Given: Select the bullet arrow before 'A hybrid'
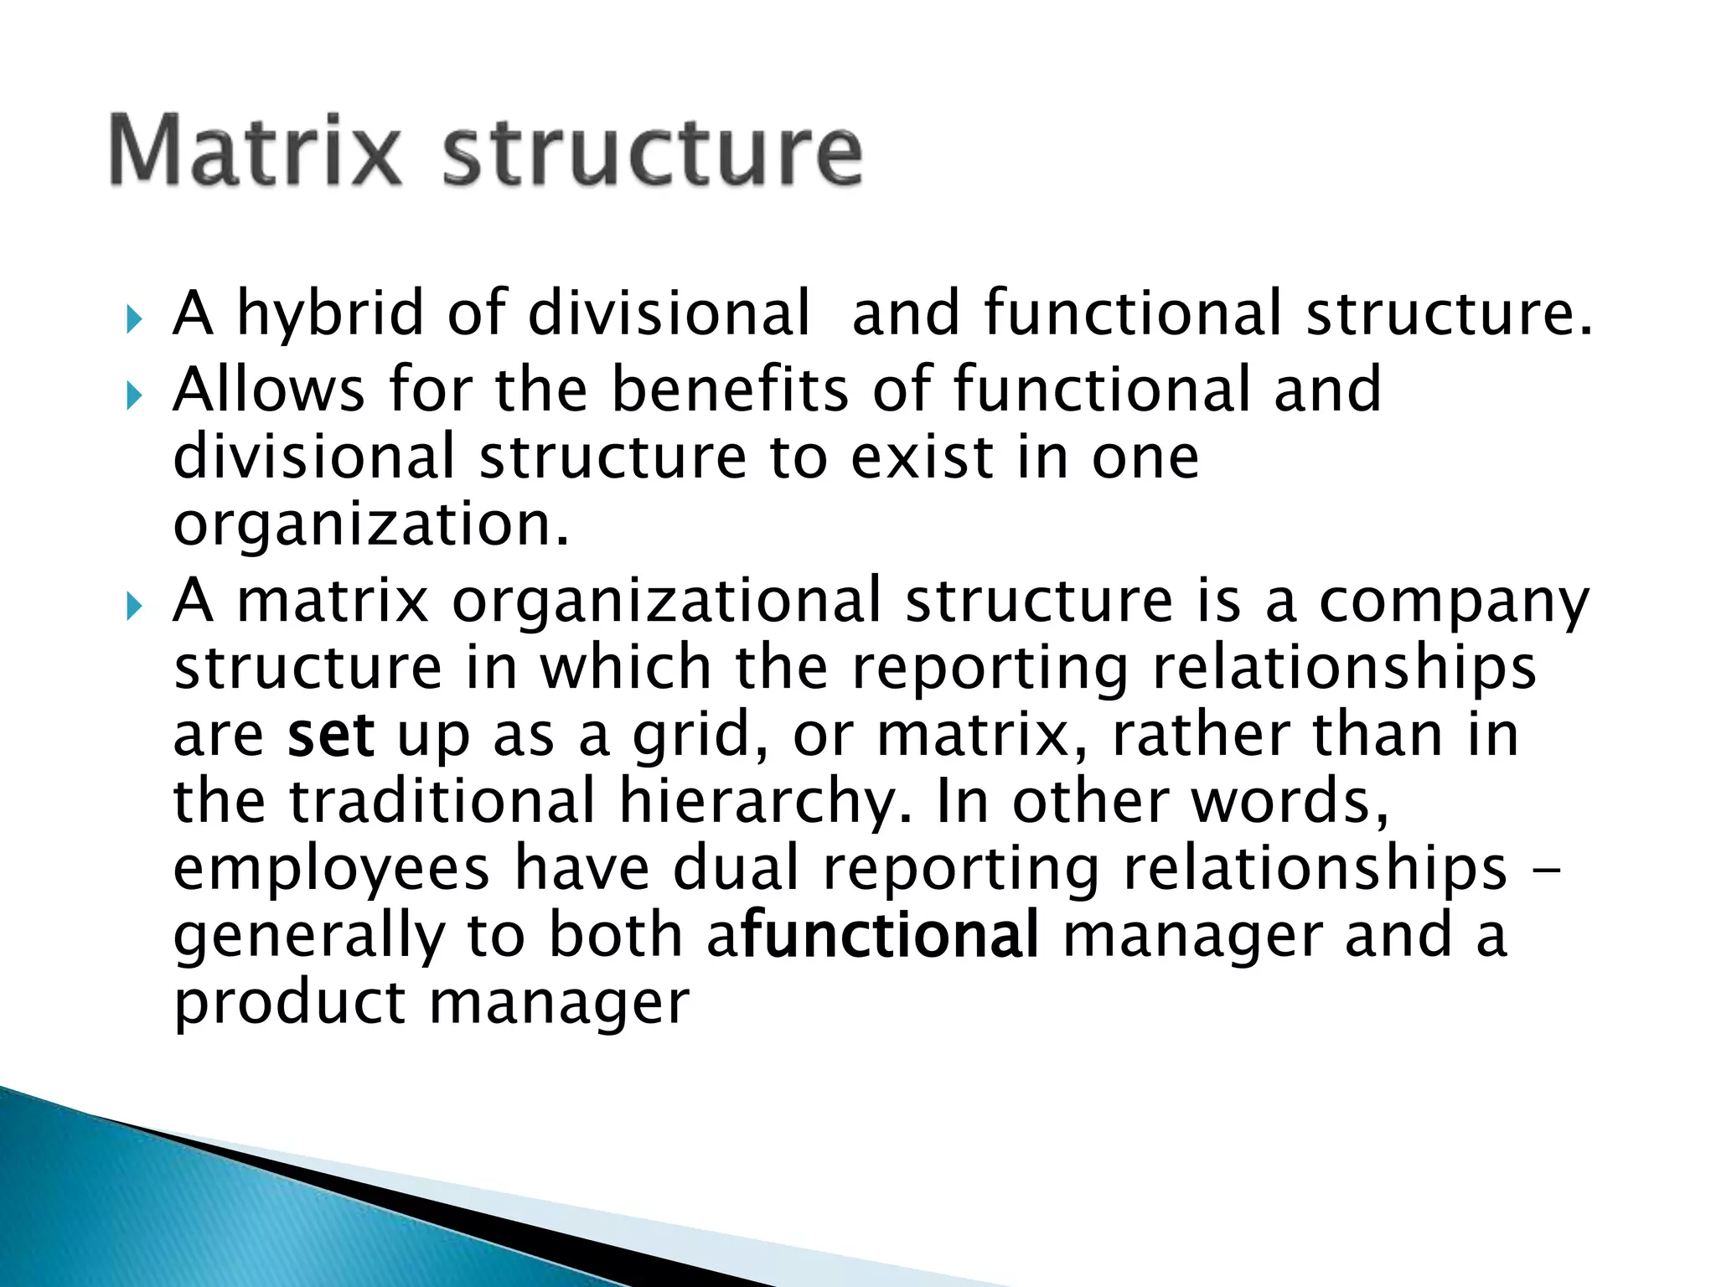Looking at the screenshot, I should tap(134, 319).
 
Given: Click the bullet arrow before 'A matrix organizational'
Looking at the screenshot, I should tap(134, 606).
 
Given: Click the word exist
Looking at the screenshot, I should tap(922, 457).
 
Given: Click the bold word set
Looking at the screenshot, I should tap(330, 736).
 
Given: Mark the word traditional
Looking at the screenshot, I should tap(442, 802).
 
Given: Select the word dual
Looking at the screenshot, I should tap(736, 869).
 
